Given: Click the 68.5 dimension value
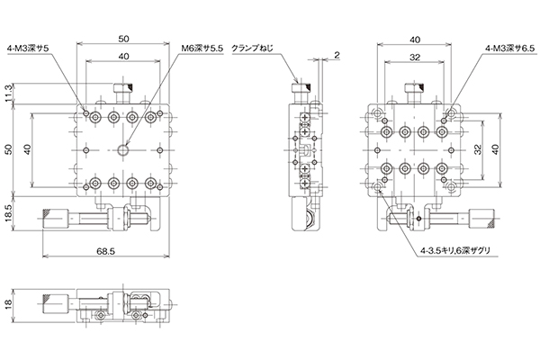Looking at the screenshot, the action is (x=105, y=251).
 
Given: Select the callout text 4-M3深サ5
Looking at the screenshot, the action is (x=28, y=49).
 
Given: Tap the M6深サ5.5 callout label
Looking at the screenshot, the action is (x=202, y=49).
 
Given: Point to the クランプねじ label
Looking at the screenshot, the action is (x=252, y=49).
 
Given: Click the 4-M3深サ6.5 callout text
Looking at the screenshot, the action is (x=509, y=49).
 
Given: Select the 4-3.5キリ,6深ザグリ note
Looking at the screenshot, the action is (x=455, y=251).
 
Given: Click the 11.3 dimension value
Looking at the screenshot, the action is (x=9, y=94).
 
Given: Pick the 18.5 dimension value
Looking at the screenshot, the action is (x=9, y=213).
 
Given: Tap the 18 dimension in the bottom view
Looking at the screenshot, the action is (x=9, y=304).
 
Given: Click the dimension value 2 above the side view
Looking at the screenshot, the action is (x=337, y=55).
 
